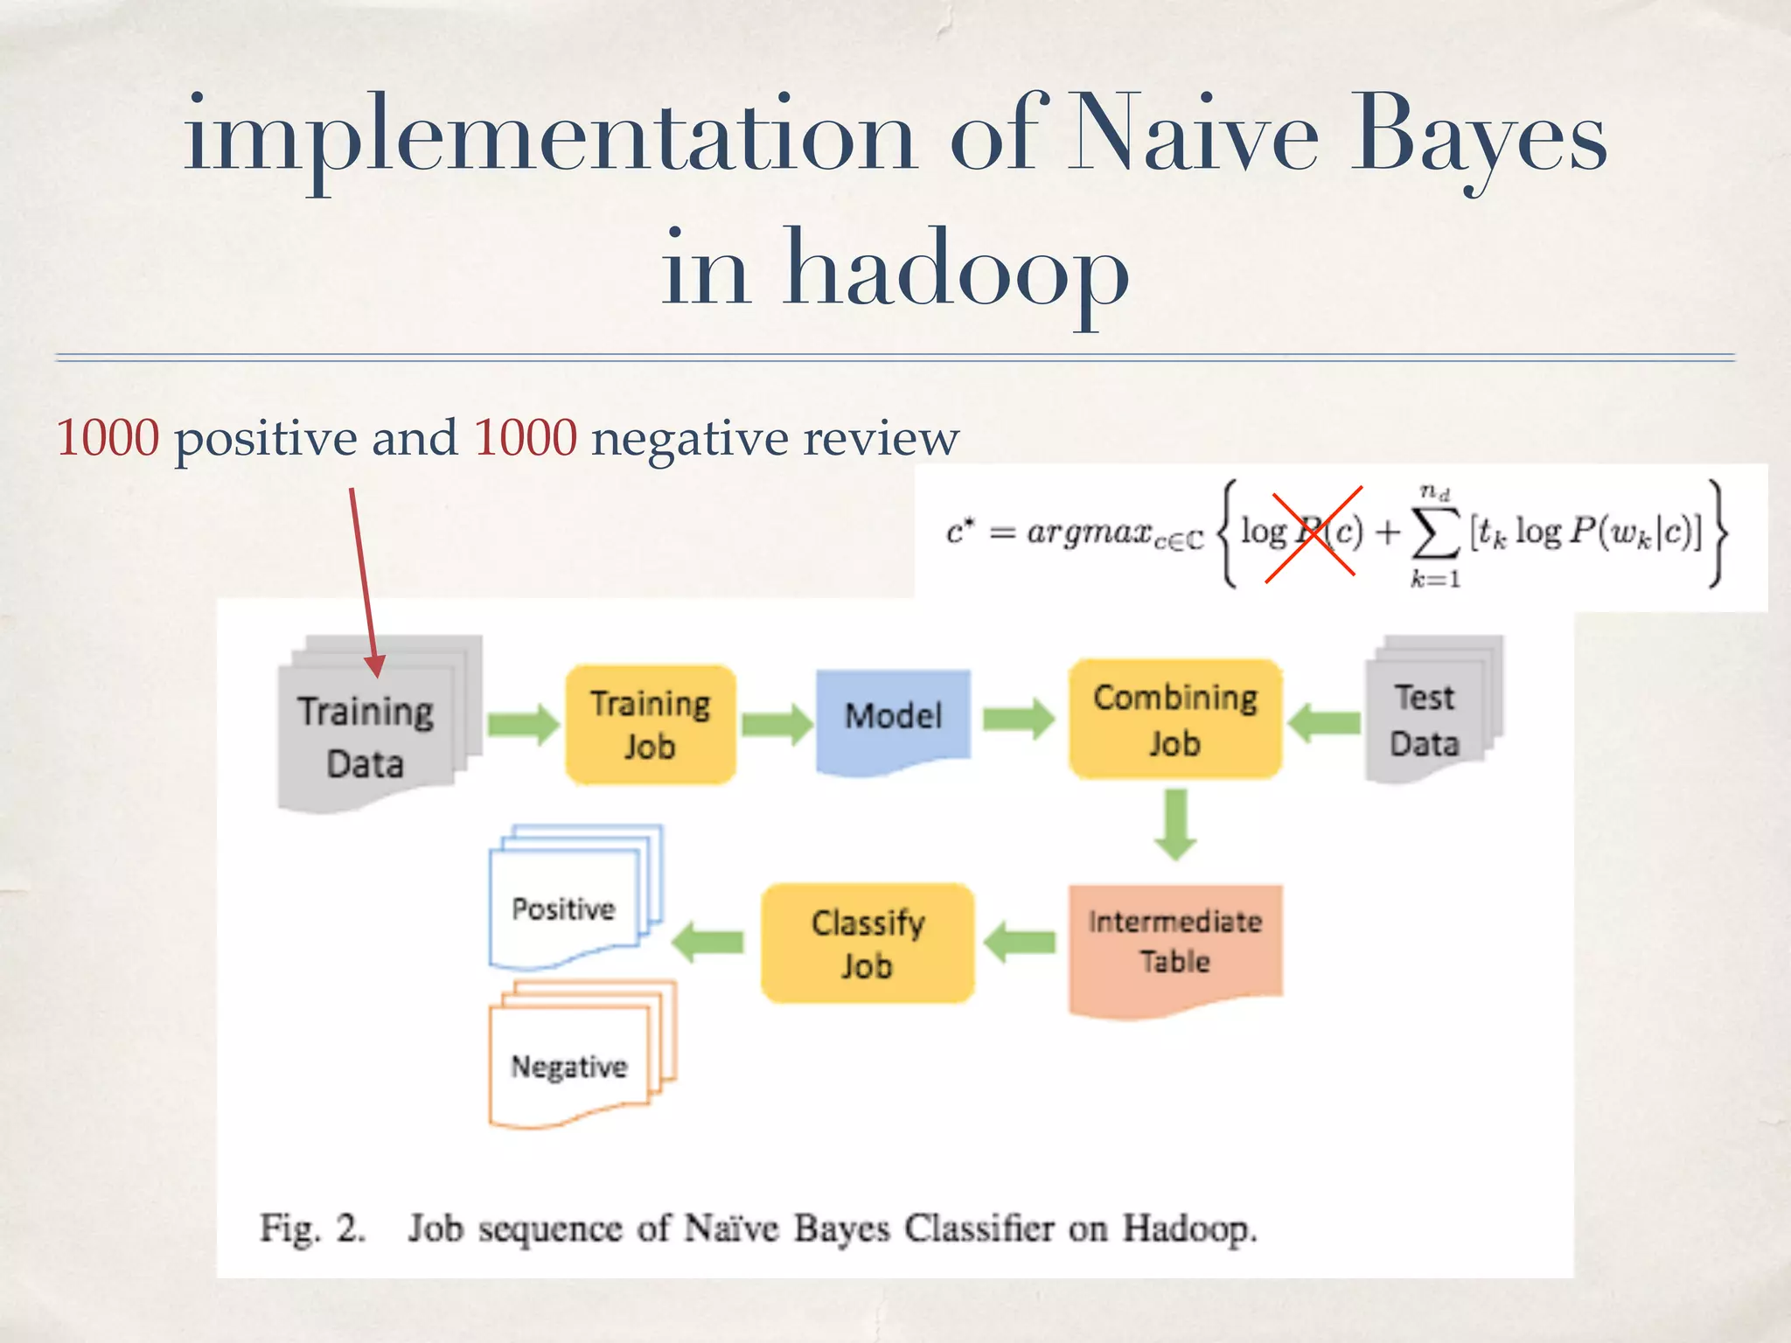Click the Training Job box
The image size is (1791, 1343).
(650, 724)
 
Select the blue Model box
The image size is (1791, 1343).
(893, 719)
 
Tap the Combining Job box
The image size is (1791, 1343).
(1175, 719)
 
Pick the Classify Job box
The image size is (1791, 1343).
(868, 943)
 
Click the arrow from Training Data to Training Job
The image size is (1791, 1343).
(523, 724)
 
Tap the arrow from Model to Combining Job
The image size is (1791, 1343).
(1019, 719)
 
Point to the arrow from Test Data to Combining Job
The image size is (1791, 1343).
(1324, 723)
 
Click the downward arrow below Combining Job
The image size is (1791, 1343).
(1175, 824)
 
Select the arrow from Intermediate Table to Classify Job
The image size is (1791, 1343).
(1020, 943)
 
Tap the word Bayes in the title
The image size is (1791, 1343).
(1478, 140)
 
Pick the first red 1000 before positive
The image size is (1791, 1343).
(108, 437)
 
